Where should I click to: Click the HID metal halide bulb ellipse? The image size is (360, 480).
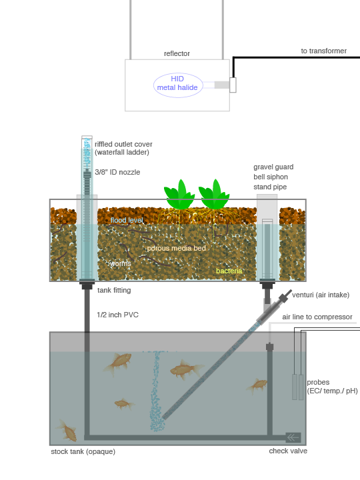[178, 85]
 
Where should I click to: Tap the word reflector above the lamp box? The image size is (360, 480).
[177, 53]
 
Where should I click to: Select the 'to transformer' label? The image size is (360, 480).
[323, 51]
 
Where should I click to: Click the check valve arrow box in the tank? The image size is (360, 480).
[293, 437]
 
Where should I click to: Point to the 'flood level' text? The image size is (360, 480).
[127, 220]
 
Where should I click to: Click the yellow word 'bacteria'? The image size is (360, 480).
[229, 271]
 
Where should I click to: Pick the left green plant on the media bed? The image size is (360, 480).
[179, 195]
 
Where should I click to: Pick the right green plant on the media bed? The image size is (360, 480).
[214, 195]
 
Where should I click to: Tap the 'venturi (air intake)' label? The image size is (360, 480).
[321, 295]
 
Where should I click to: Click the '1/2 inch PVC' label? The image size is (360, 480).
[117, 315]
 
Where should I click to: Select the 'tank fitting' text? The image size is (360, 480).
[114, 290]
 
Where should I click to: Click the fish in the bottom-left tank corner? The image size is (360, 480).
[67, 431]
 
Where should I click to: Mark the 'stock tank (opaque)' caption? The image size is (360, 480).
[83, 451]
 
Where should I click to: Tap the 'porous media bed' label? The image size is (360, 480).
[176, 248]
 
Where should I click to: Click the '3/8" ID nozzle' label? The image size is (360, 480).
[117, 172]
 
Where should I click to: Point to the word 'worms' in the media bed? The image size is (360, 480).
[120, 263]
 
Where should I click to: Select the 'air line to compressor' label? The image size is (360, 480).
[317, 317]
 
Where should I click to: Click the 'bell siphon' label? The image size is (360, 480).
[271, 177]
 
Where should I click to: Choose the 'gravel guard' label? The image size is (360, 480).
[273, 167]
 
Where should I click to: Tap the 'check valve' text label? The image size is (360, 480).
[288, 451]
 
